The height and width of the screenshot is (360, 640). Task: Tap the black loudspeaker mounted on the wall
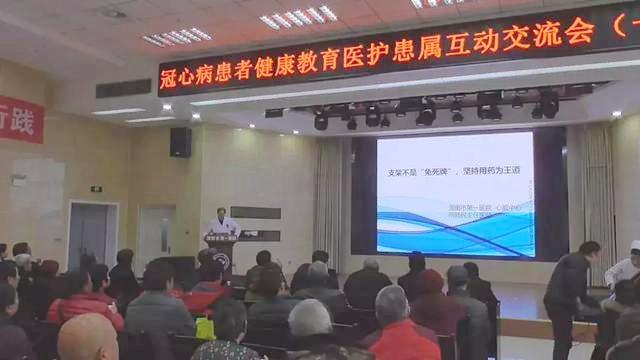pyautogui.click(x=180, y=142)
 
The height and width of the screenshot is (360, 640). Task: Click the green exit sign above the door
pyautogui.click(x=96, y=188)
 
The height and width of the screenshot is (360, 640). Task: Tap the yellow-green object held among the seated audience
pyautogui.click(x=205, y=327)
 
